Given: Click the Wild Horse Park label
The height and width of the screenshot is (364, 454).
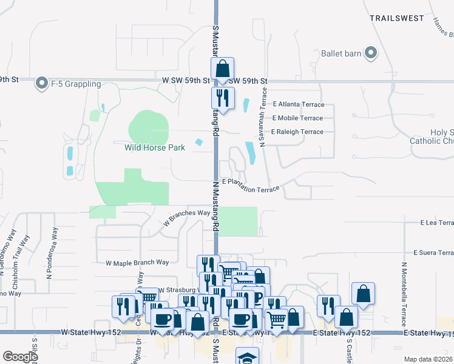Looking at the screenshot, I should tap(154, 147).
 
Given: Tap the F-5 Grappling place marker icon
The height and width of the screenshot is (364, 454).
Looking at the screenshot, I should tap(42, 83).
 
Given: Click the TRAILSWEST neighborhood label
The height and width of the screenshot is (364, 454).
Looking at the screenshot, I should tap(397, 18).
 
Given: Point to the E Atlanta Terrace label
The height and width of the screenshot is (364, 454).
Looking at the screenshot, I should tap(298, 104).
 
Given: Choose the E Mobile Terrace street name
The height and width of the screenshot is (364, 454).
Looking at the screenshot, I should tap(297, 118).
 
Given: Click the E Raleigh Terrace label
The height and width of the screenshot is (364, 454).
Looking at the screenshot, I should tap(297, 132).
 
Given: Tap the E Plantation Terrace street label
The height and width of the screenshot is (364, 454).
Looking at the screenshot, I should tap(251, 185).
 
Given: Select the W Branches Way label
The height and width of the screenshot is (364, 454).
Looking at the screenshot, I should tap(186, 218).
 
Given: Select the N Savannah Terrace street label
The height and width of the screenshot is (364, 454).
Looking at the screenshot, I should tap(264, 116).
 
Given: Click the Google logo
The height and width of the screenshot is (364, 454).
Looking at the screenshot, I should tap(20, 357).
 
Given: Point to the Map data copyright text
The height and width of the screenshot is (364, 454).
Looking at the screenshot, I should tap(428, 359).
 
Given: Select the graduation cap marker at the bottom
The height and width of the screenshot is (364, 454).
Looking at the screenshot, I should tap(247, 357).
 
